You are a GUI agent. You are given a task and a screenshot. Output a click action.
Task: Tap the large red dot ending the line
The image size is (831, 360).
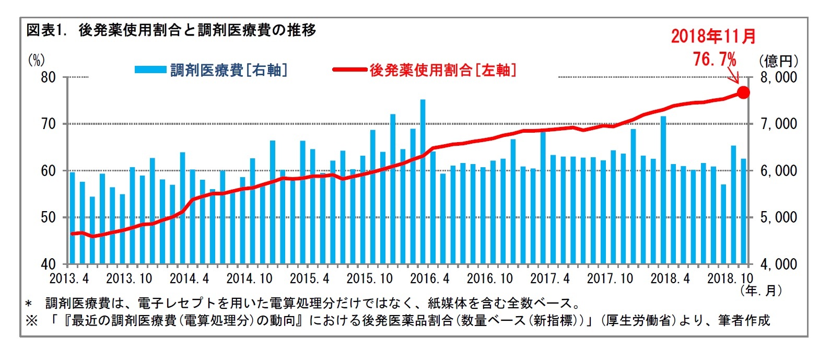click(x=743, y=92)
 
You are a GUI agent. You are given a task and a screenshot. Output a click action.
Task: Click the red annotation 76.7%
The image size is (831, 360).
click(x=714, y=59)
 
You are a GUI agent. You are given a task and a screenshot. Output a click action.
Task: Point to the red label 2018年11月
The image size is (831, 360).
click(x=713, y=36)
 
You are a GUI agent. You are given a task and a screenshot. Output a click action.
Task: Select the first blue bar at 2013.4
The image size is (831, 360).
click(x=72, y=217)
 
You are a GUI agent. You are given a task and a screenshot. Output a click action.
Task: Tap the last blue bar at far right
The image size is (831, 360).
click(x=743, y=211)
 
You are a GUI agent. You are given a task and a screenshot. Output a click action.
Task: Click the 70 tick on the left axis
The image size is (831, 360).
click(x=49, y=124)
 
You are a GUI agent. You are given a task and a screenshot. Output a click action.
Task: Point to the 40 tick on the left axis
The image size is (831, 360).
click(x=49, y=264)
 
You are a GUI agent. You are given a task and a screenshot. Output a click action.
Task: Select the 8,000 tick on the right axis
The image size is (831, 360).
click(x=778, y=77)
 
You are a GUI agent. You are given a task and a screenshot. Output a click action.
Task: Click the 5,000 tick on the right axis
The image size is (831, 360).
click(x=778, y=217)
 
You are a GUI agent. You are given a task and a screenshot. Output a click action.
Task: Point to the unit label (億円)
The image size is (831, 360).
click(x=778, y=61)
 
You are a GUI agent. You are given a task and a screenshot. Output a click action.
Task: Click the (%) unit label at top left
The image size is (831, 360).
click(x=36, y=60)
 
